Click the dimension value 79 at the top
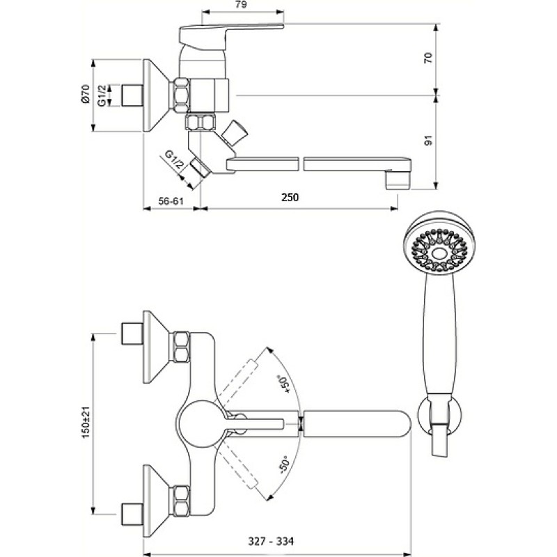coord(241,5)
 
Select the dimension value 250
coord(290,197)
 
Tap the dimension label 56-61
coord(171,201)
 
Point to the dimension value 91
coord(429,141)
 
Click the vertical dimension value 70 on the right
coord(429,58)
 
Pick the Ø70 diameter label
coord(85,95)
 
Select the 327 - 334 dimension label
coord(271,542)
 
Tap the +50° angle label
coord(285,384)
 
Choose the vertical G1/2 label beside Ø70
coord(102,95)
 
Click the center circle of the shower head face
coord(439,253)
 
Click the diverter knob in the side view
coord(233,133)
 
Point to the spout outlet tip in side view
coord(397,180)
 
